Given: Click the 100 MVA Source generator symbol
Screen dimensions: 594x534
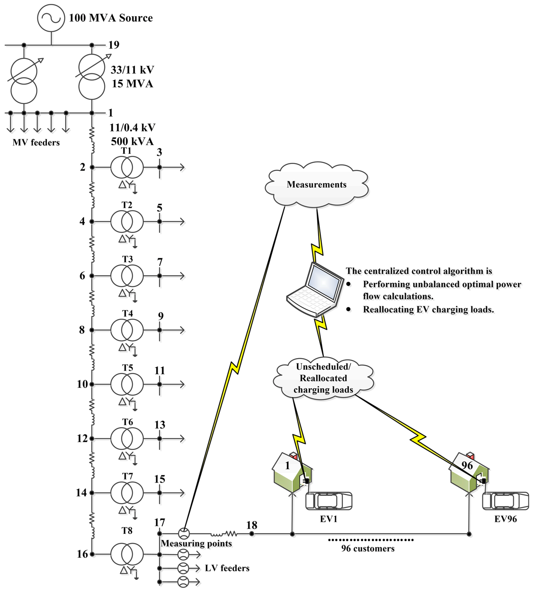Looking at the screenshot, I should point(51,18).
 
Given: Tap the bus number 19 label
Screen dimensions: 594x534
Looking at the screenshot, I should point(114,45).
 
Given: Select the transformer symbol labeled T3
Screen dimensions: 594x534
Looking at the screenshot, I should point(127,276).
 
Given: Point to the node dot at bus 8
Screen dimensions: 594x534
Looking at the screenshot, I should point(92,330).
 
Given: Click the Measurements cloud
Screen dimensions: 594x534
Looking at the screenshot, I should point(316,184).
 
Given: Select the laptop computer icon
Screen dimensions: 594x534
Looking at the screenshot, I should point(315,289).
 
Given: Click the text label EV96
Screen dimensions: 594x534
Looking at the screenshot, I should point(505,519).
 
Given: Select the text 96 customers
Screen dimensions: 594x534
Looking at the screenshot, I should point(368,548).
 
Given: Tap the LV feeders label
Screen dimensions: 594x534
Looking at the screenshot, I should point(227,568).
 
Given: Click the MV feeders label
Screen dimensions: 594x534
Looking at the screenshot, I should point(36,142).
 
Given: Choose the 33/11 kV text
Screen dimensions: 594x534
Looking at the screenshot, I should point(132,70).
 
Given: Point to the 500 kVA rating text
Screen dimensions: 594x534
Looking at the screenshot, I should point(132,142).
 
